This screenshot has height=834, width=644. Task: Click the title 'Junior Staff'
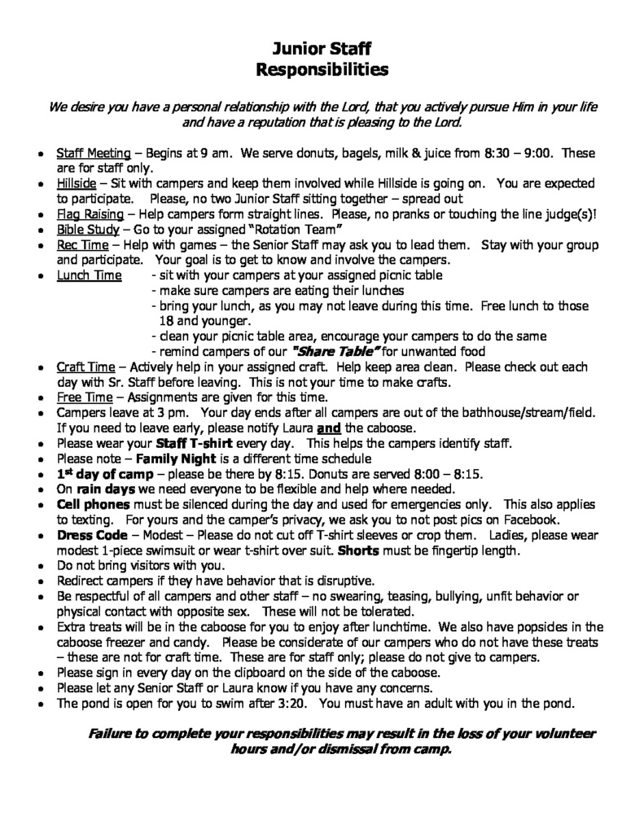click(x=322, y=50)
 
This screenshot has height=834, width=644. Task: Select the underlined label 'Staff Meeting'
click(x=93, y=152)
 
